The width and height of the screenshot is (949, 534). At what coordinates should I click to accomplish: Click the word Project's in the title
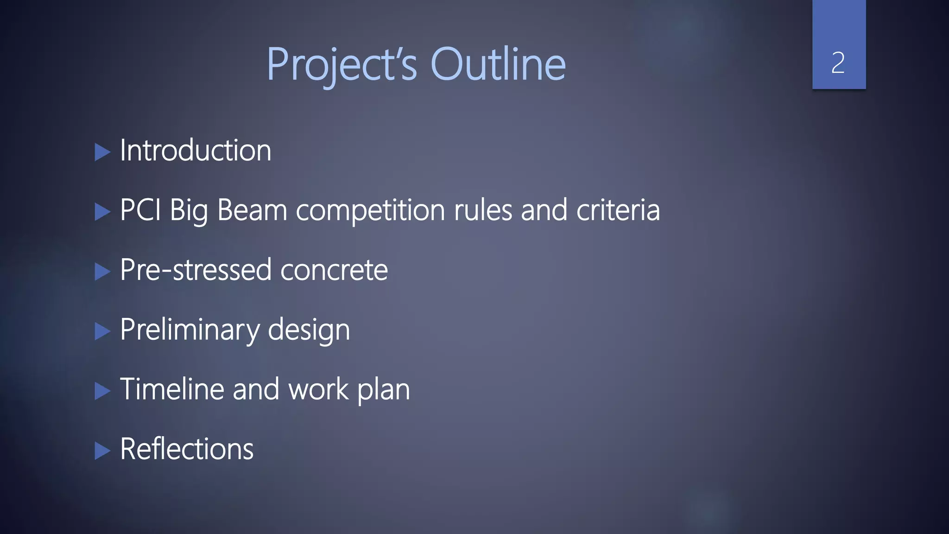[342, 65]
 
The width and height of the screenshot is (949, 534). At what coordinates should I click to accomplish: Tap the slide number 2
[838, 63]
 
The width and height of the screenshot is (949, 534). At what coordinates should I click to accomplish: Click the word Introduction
[196, 151]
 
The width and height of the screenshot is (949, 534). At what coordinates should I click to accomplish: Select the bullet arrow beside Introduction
[102, 152]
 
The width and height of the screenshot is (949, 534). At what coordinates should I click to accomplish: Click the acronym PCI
[140, 210]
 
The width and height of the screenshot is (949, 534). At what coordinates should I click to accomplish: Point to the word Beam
[252, 210]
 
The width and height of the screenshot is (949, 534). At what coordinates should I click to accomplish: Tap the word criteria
[618, 210]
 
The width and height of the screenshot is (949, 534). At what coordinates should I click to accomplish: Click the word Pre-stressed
[195, 270]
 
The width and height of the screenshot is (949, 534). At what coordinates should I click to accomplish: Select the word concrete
[334, 270]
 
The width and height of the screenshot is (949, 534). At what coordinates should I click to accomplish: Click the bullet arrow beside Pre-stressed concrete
[102, 272]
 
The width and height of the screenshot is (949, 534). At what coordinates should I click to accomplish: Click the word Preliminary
[190, 330]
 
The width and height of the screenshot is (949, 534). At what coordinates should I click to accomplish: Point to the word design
[309, 330]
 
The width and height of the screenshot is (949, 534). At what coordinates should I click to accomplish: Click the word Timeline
[172, 389]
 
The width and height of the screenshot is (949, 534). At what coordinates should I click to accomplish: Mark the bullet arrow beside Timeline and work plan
[102, 391]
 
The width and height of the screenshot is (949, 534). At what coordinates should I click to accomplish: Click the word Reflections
[187, 449]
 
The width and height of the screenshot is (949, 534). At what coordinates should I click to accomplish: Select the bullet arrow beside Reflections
[102, 451]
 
